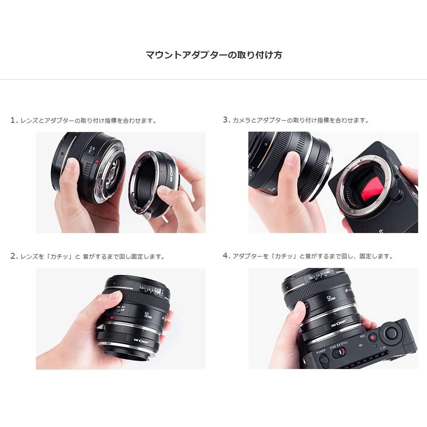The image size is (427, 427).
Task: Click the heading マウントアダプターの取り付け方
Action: [213, 55]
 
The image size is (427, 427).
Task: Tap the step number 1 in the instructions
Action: [13, 120]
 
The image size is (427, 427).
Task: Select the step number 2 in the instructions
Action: [13, 256]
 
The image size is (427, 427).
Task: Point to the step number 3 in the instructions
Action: [226, 120]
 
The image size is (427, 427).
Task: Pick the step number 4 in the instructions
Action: [226, 256]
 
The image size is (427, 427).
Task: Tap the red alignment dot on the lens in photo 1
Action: [97, 161]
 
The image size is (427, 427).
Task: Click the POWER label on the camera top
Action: [321, 351]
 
